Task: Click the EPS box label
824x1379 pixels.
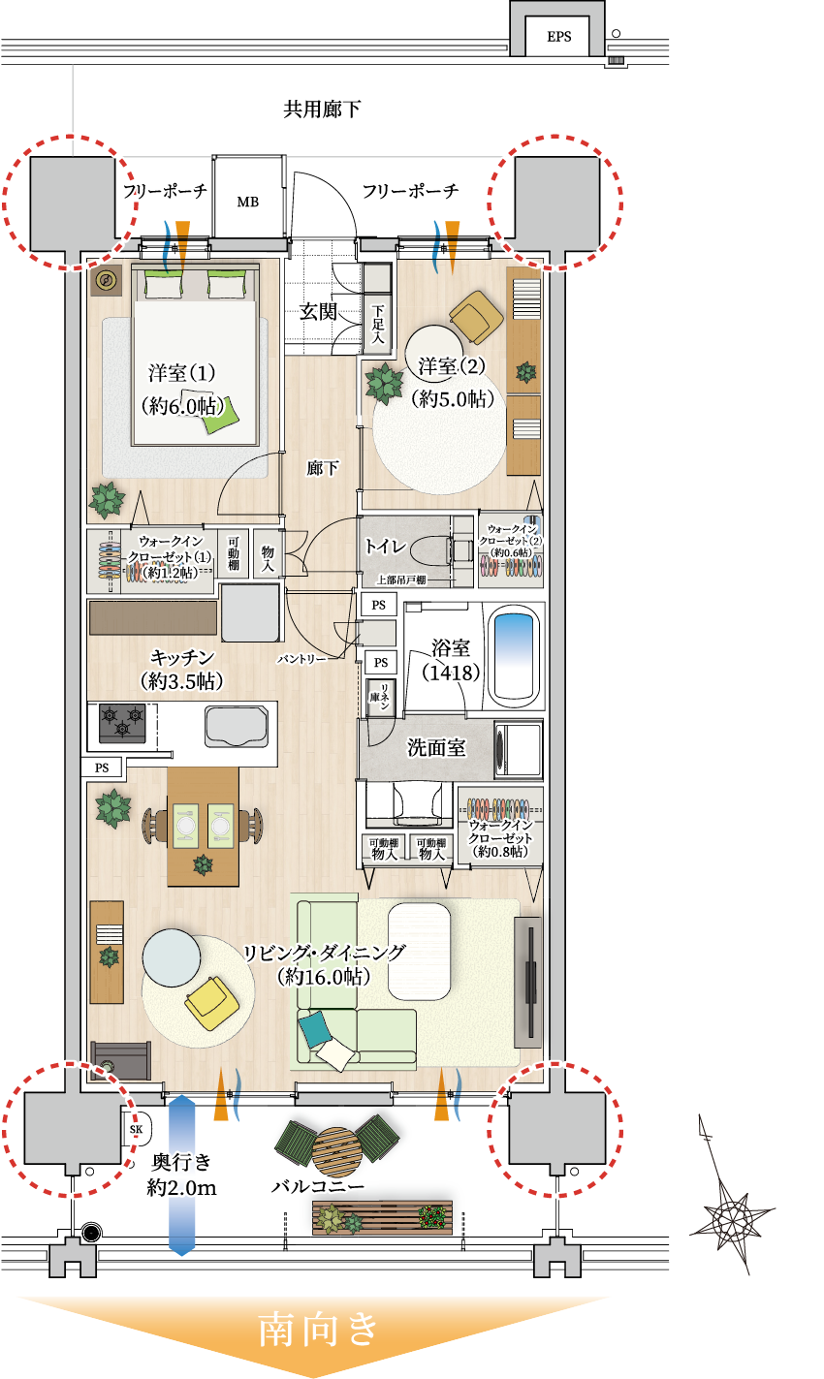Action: click(x=559, y=37)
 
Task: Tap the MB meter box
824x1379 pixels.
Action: click(x=247, y=202)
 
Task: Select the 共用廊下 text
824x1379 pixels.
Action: click(x=322, y=109)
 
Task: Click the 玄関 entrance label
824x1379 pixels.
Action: click(x=317, y=312)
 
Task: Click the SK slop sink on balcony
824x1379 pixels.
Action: click(x=137, y=1128)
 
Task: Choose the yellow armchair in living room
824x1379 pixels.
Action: click(x=212, y=1003)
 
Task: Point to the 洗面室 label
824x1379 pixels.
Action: click(x=436, y=748)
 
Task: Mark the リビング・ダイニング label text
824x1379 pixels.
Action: click(x=325, y=952)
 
